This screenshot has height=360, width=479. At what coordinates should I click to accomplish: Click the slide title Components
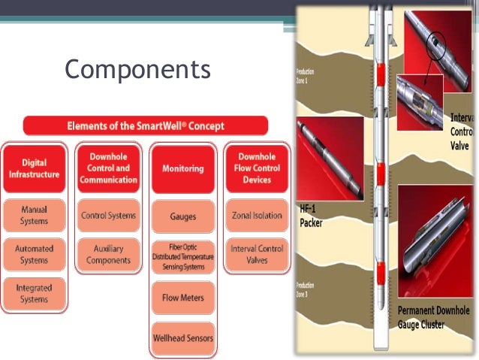(x=137, y=69)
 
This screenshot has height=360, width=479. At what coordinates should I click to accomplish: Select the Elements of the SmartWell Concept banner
(x=146, y=126)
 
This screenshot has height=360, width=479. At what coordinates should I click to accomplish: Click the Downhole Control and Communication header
(x=108, y=168)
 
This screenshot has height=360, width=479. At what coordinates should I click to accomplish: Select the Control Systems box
(x=108, y=216)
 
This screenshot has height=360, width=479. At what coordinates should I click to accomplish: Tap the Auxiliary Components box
(x=108, y=254)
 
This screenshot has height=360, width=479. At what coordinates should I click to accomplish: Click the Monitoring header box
(x=183, y=168)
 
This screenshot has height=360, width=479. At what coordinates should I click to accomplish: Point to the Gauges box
(x=183, y=216)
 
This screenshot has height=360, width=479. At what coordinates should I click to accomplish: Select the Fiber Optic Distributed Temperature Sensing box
(x=183, y=257)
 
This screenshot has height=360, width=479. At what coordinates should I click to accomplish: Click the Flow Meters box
(x=183, y=298)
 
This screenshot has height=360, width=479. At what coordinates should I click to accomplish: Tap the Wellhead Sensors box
(x=183, y=337)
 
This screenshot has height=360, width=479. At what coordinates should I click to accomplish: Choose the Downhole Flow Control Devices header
(x=257, y=168)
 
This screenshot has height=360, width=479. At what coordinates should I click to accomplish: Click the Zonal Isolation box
(x=257, y=216)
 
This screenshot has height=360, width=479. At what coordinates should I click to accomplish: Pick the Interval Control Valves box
(x=257, y=254)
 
